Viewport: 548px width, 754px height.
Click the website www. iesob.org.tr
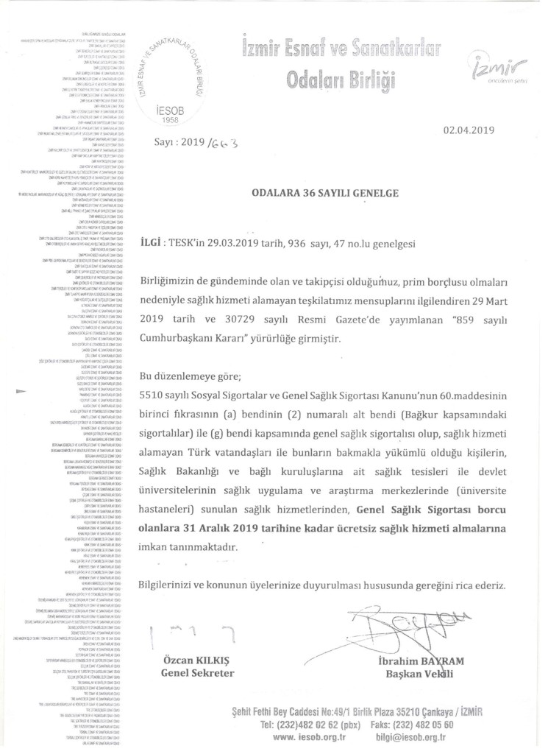point(309,736)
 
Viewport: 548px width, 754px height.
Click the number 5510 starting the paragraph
point(152,395)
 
